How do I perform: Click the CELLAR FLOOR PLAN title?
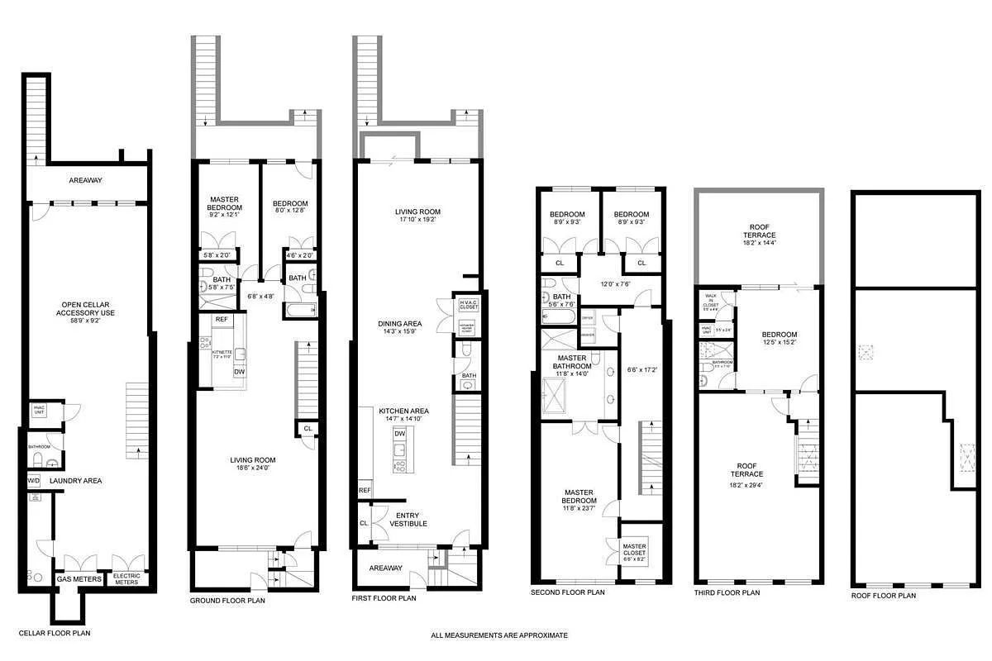(x=56, y=634)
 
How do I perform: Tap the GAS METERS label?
(x=79, y=579)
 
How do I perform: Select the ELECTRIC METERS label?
(x=127, y=579)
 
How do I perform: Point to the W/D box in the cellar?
(x=35, y=480)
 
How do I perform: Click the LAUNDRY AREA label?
(x=75, y=480)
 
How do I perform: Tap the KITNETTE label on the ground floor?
(x=221, y=354)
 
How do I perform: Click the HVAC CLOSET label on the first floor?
(x=468, y=305)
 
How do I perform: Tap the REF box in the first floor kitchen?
(x=365, y=491)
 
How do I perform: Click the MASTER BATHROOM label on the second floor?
(x=571, y=364)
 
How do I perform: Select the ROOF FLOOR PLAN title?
(x=884, y=595)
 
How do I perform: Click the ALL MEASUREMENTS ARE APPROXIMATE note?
(x=499, y=635)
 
